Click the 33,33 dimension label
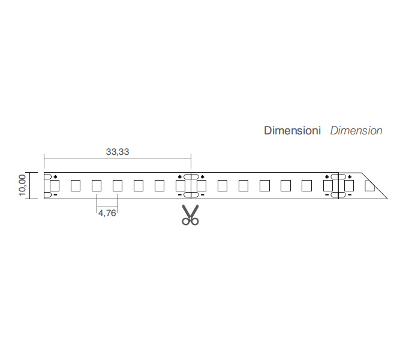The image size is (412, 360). [x=118, y=152]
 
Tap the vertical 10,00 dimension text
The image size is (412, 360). [x=22, y=185]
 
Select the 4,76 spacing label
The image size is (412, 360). [x=107, y=213]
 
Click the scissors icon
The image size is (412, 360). [x=191, y=215]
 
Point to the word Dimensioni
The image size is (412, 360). [x=293, y=131]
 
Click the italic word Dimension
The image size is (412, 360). [x=356, y=131]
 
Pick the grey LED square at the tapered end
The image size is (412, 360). [x=369, y=186]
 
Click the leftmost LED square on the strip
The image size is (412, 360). [x=55, y=185]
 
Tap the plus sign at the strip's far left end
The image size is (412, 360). [x=55, y=177]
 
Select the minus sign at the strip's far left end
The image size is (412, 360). [x=55, y=194]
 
